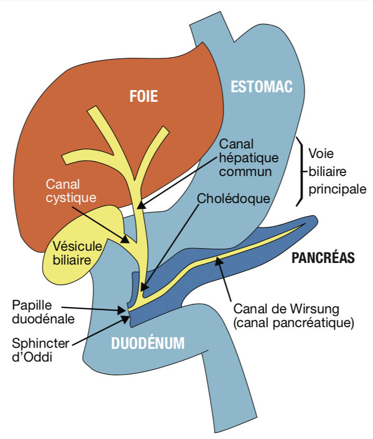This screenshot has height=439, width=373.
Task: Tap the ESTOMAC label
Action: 261,87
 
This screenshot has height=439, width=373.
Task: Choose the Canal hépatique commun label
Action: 245,157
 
